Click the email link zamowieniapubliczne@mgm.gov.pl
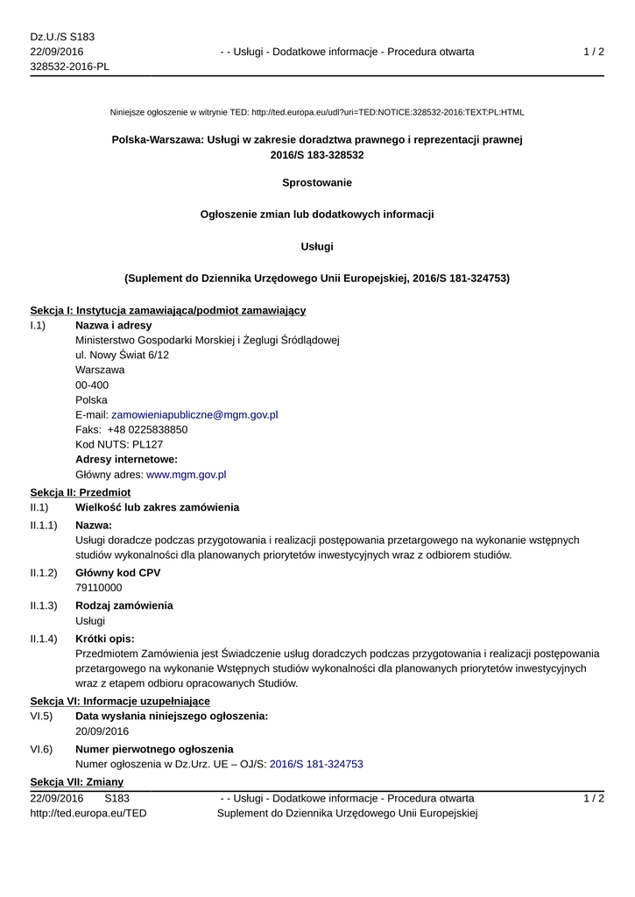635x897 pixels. pos(194,414)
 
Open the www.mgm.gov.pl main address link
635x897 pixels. pos(186,474)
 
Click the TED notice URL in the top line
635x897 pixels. pos(387,112)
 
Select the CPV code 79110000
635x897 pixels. pos(99,588)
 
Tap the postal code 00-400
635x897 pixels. pos(92,385)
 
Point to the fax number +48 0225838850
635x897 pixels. pos(147,429)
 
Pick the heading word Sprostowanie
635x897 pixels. pos(317,182)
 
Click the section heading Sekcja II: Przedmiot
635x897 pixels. pos(80,492)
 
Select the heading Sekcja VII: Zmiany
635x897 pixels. pos(76,781)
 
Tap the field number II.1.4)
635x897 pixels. pos(44,639)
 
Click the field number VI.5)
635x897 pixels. pos(41,717)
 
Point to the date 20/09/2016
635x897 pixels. pos(102,731)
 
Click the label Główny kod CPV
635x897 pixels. pos(117,573)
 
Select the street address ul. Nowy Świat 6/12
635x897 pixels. pos(122,355)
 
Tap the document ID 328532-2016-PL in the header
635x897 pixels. pos(69,67)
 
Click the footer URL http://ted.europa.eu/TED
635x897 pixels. pos(88,813)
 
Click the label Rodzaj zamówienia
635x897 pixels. pos(123,605)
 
